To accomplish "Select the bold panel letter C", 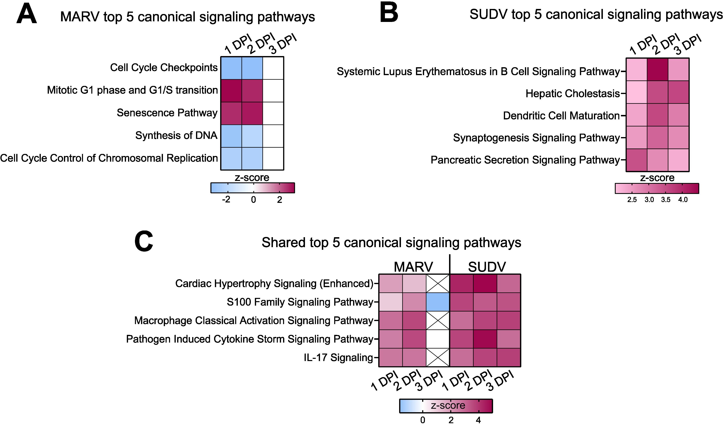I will [x=143, y=242].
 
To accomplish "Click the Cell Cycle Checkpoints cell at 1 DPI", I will [x=231, y=68].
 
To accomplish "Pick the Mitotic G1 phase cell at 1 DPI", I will [x=231, y=91].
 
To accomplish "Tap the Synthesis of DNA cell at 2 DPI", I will [x=252, y=136].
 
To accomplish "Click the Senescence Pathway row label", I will [x=167, y=113].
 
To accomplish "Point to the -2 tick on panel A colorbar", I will [x=226, y=199].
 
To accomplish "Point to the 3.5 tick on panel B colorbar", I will [x=666, y=199].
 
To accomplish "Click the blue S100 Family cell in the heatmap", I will [x=437, y=302].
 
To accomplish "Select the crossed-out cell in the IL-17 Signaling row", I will [x=437, y=357].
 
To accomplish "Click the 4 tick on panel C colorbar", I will [x=478, y=420].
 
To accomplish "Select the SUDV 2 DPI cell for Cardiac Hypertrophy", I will [x=485, y=283].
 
